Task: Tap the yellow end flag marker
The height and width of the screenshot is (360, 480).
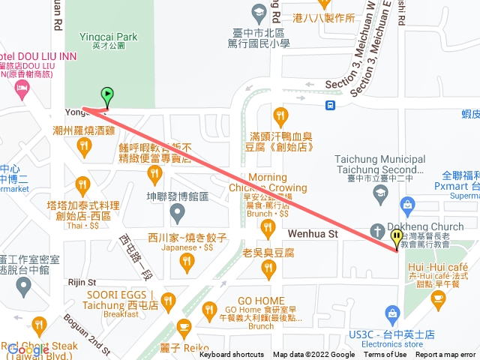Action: tap(397, 238)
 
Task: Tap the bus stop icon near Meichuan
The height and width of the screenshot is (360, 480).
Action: tap(331, 104)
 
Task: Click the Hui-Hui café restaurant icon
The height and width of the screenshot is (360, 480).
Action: tap(438, 298)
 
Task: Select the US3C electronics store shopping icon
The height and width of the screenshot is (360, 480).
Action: tap(391, 312)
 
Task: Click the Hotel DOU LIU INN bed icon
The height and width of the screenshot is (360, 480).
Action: tap(22, 89)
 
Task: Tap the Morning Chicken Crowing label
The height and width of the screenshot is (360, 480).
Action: tap(278, 182)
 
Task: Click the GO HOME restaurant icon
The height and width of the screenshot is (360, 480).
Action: tap(209, 309)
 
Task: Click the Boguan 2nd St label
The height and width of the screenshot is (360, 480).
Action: tap(83, 329)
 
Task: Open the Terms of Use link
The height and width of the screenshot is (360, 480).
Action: tap(385, 355)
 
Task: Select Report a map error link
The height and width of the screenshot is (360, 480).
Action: tap(445, 355)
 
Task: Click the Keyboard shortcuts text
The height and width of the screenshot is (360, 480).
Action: tap(232, 355)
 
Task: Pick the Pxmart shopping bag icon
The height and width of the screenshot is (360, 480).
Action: tap(408, 204)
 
